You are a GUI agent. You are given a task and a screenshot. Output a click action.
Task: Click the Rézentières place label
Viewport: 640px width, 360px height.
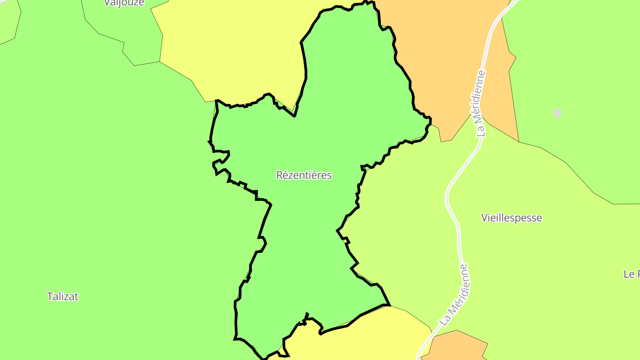coord(304,175)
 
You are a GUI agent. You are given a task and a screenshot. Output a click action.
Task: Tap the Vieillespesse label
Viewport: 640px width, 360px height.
coord(512,218)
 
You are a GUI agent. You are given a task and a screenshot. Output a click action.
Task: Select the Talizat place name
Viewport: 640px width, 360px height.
coord(63,296)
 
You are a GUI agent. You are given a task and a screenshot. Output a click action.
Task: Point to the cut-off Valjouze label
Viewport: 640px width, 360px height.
coord(124,3)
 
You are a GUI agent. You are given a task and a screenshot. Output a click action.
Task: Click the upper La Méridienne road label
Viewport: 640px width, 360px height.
coord(480,103)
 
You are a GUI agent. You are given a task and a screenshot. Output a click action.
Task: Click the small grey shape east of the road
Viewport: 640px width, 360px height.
coord(558,113)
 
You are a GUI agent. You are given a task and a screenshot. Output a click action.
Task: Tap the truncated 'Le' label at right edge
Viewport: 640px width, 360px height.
coord(631,274)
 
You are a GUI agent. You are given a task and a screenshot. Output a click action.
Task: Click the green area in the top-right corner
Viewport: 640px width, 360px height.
coord(578,67)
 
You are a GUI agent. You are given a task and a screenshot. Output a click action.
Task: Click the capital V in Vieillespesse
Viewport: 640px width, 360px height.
coord(484,218)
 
